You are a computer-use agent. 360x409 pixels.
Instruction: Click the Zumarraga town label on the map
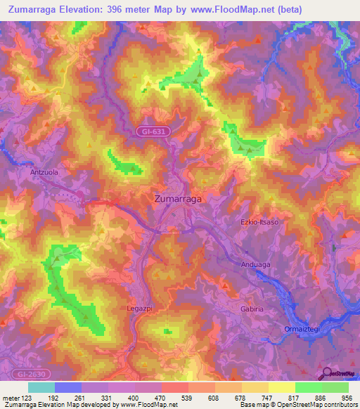point(177,199)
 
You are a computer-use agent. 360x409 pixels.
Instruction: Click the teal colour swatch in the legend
point(41,387)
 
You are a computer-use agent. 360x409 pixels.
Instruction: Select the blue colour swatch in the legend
point(67,387)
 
